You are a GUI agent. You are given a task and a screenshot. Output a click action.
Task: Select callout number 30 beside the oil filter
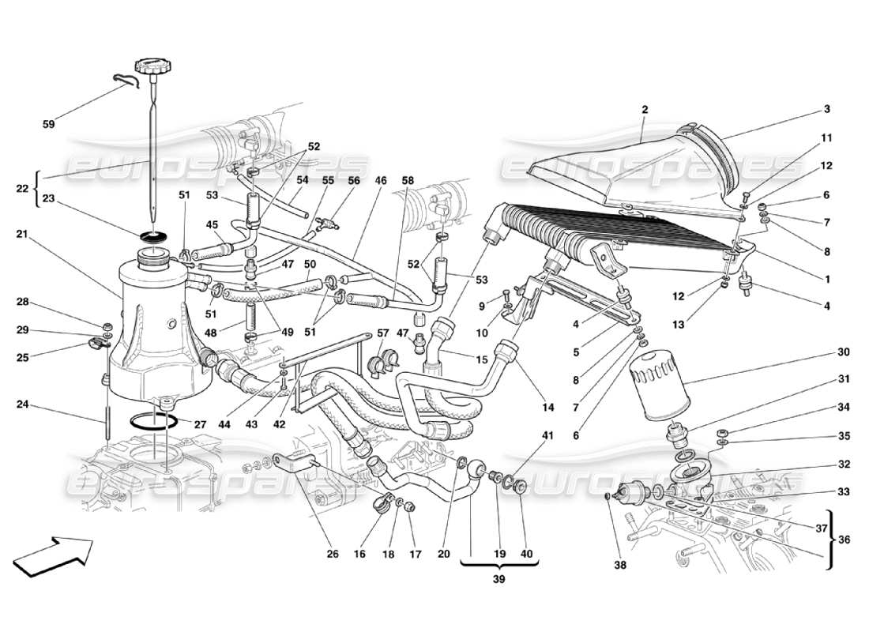pos(822,352)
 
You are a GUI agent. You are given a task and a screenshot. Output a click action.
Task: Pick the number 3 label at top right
pos(826,109)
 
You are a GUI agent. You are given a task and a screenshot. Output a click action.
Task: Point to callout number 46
pos(382,181)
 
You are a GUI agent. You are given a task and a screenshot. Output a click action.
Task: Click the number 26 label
pos(333,554)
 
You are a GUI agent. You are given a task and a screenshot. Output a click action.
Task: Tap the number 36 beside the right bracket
pos(844,540)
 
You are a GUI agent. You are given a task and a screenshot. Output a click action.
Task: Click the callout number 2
pos(645,110)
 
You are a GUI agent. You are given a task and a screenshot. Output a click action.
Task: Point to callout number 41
pos(548,435)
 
